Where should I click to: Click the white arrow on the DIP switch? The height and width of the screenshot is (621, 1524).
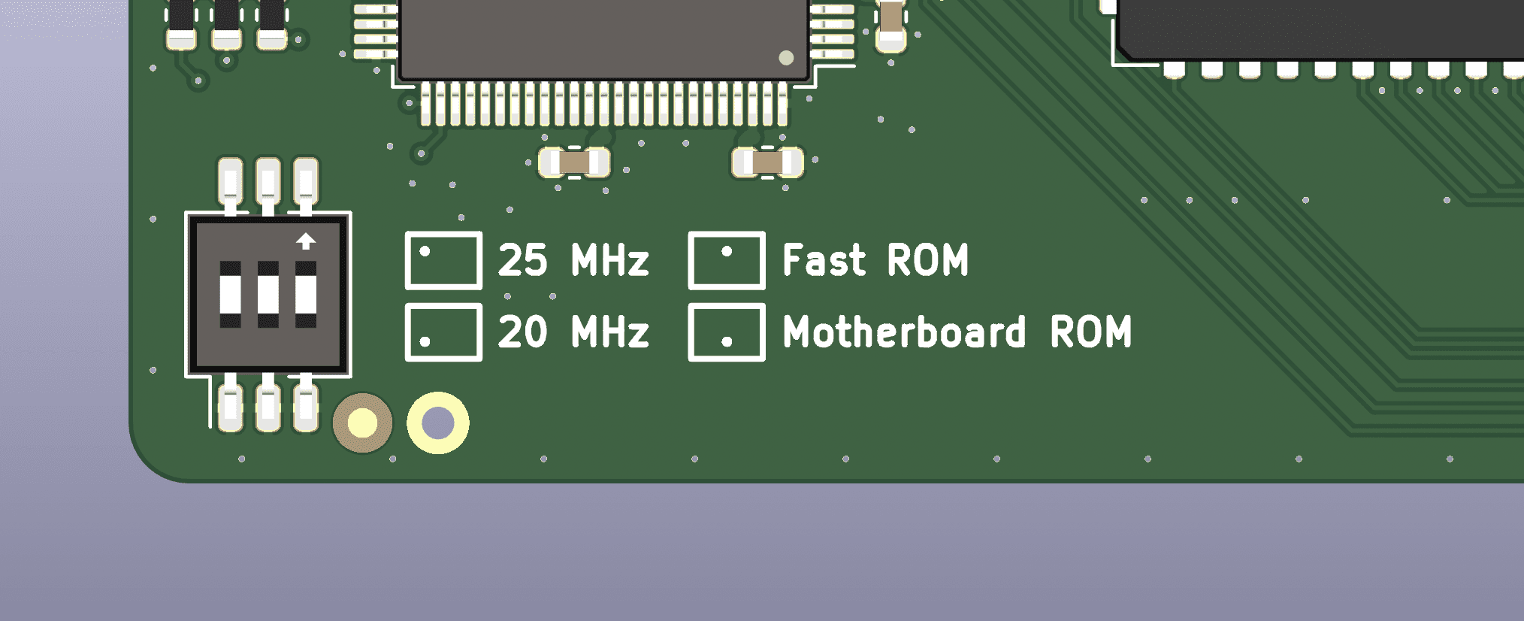point(306,241)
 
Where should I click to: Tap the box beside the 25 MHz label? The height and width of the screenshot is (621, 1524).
point(443,232)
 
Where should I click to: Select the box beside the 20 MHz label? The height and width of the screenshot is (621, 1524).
point(443,304)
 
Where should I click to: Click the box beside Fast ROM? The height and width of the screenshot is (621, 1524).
point(727,232)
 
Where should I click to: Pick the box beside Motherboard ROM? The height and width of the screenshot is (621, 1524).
point(727,304)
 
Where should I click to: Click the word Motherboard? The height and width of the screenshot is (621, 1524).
point(904,332)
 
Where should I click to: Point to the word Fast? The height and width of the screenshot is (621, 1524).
point(824,260)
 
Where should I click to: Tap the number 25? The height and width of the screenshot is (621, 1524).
point(522,260)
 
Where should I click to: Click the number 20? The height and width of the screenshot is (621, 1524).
point(522,332)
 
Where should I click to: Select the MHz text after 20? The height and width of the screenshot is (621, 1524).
point(609,332)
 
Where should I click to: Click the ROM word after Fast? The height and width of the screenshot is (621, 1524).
point(927,260)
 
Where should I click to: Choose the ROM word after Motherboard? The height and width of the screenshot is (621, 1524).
point(1090,332)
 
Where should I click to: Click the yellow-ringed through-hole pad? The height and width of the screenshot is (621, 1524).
point(438,423)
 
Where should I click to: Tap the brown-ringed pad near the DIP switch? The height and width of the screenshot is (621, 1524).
point(362,423)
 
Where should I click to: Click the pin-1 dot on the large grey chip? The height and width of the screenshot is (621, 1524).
point(786,58)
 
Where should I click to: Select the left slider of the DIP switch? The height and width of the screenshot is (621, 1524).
point(230,294)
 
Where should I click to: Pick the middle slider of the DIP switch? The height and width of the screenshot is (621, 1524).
point(268,294)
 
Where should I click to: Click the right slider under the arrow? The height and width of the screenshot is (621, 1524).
point(306,294)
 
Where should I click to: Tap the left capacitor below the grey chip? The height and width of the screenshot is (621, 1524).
point(574,162)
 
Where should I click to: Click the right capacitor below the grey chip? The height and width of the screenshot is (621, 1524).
point(767,162)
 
